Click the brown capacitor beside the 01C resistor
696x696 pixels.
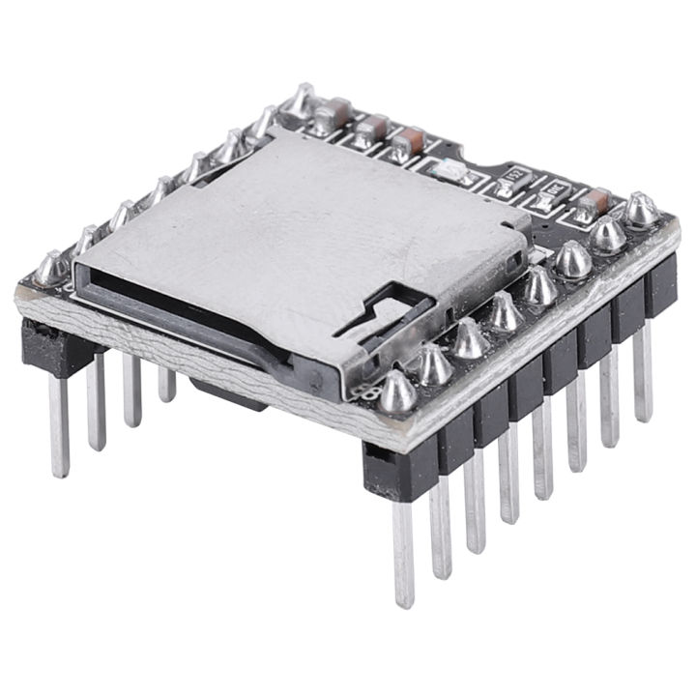coord(595,200)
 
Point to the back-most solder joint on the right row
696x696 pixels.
coord(639,210)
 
